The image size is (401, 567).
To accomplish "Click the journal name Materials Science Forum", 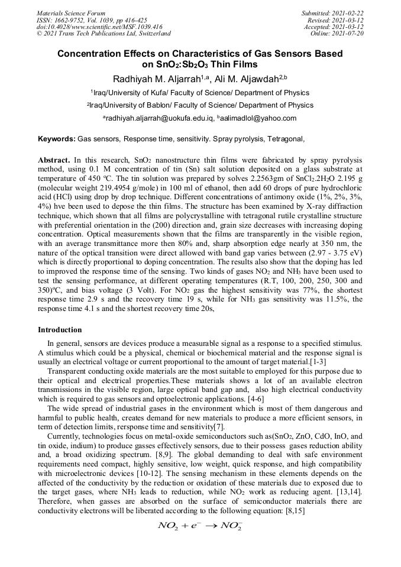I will click(71, 12).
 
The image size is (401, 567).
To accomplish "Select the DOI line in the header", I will click(99, 27).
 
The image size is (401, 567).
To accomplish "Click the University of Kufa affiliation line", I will click(200, 93).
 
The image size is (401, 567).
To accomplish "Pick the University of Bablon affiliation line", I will click(200, 105).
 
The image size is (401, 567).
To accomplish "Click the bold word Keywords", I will click(56, 140).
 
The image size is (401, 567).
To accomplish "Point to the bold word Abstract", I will click(54, 160).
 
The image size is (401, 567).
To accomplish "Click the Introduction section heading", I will click(60, 329).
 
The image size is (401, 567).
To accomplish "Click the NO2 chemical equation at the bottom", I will click(200, 526).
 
